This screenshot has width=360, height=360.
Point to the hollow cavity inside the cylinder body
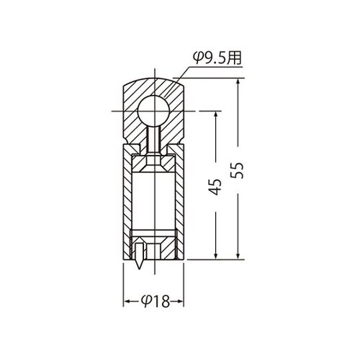[x=152, y=202]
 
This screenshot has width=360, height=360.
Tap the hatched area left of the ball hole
[x=130, y=115]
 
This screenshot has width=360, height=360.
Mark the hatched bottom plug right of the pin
[x=161, y=249]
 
